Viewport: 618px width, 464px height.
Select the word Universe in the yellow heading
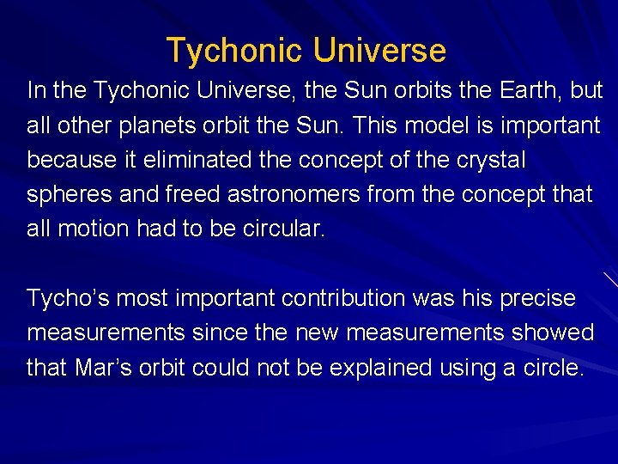point(379,52)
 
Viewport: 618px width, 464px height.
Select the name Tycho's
point(67,299)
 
